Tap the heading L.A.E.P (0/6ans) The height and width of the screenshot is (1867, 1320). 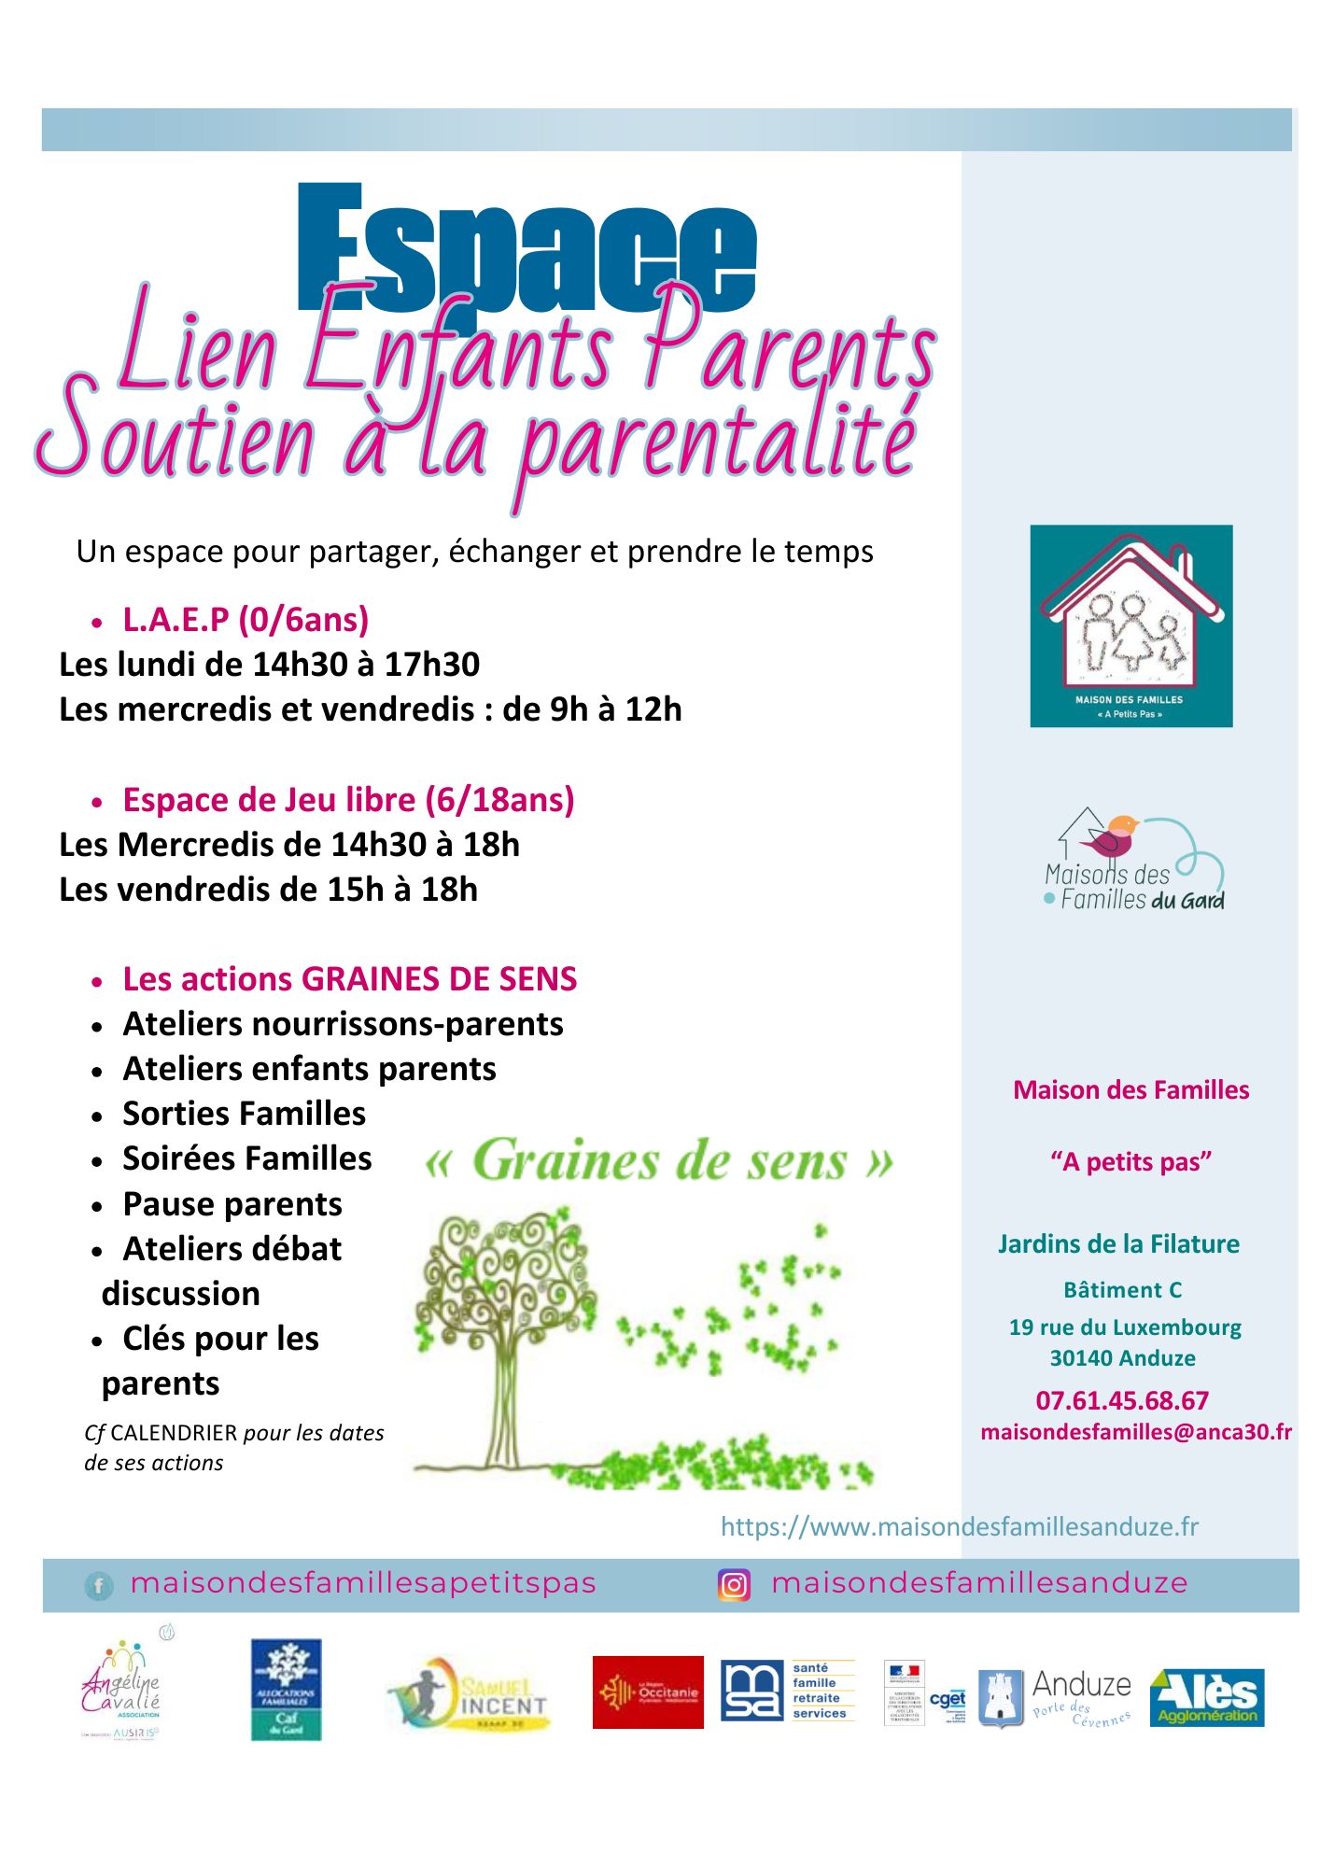tap(246, 620)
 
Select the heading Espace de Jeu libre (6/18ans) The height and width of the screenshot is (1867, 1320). tap(348, 800)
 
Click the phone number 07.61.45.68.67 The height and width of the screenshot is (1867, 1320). tap(1122, 1400)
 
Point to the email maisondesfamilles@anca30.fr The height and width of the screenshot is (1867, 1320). tap(1136, 1432)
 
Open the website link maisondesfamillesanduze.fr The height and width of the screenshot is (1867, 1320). tap(959, 1527)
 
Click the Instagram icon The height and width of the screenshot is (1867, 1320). tap(734, 1585)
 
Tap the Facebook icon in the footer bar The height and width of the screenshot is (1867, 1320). tap(98, 1585)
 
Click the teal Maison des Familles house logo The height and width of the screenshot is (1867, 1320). tap(1130, 625)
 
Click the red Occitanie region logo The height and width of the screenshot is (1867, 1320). tap(648, 1692)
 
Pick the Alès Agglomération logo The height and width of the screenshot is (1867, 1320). tap(1207, 1697)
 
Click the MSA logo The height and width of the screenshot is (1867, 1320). tap(752, 1691)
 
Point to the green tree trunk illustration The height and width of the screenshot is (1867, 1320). tap(501, 1400)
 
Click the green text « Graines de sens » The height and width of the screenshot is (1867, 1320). tap(659, 1162)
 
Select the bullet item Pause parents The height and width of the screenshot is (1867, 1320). tap(232, 1204)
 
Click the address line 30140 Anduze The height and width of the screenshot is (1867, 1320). tap(1122, 1358)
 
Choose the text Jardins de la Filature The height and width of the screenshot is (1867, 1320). tap(1118, 1244)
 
